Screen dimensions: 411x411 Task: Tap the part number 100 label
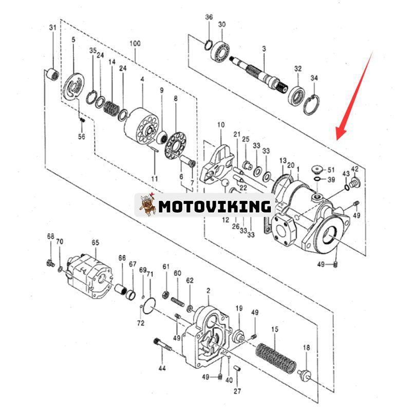pyautogui.click(x=135, y=44)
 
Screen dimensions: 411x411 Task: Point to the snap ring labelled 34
pyautogui.click(x=311, y=105)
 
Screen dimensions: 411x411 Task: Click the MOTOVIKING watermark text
pyautogui.click(x=215, y=207)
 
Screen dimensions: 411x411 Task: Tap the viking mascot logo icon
pyautogui.click(x=147, y=205)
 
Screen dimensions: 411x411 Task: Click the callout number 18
pyautogui.click(x=306, y=348)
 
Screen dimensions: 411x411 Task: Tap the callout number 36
pyautogui.click(x=209, y=17)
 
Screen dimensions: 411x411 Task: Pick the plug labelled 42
pyautogui.click(x=353, y=182)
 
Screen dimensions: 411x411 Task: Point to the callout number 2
pyautogui.click(x=208, y=291)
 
